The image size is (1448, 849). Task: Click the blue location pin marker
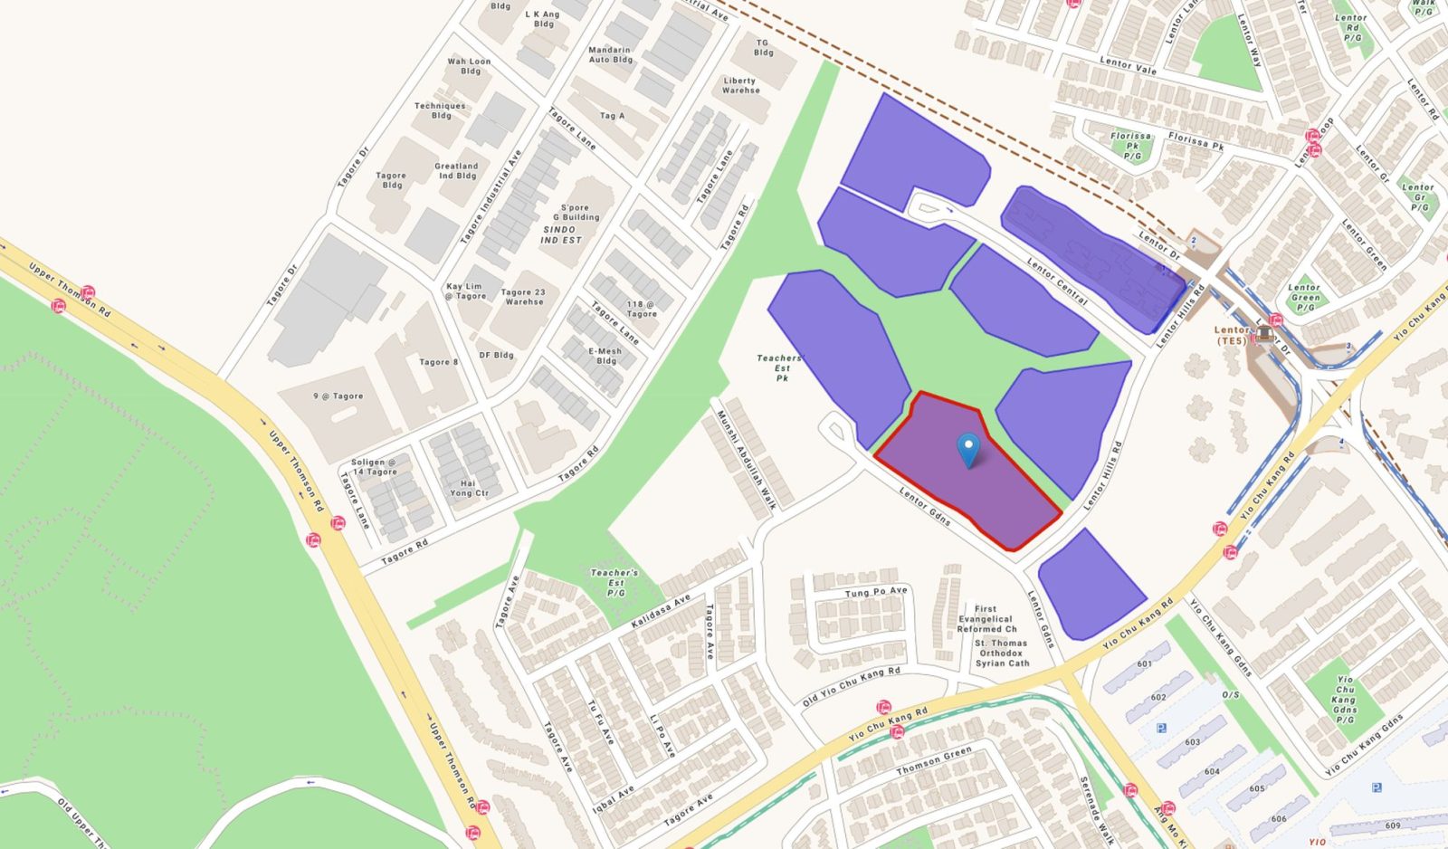point(968,448)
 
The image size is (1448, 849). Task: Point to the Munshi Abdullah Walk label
point(747,460)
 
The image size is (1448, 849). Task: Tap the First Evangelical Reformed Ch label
point(986,619)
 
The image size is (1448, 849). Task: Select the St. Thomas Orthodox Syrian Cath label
point(1001,653)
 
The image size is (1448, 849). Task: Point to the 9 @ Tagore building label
point(338,396)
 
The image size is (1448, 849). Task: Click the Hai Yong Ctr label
point(469,488)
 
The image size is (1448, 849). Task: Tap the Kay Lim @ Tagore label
point(466,291)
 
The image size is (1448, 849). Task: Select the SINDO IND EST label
point(561,234)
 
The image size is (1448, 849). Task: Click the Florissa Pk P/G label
point(1131,146)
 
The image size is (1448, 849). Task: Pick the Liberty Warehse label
point(740,85)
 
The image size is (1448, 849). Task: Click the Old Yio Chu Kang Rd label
point(852,687)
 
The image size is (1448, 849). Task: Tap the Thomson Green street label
point(933,760)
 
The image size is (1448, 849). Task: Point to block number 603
point(1192,742)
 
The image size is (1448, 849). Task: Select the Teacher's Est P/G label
point(614,582)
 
